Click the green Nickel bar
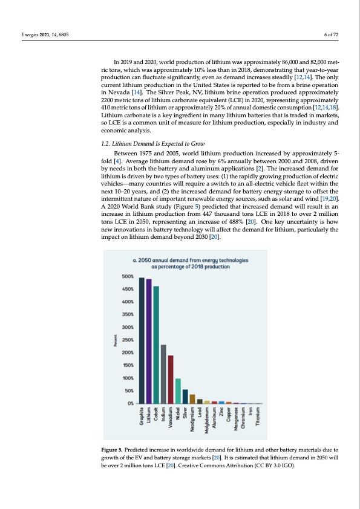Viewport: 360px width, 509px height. [178, 391]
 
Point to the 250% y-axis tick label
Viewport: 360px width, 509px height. [128, 340]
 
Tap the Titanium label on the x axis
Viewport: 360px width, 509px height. [258, 417]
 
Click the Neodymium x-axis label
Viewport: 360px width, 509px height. [192, 420]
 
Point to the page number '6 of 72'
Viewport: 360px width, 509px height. [331, 34]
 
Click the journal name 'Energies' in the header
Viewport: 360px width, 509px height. [30, 34]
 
